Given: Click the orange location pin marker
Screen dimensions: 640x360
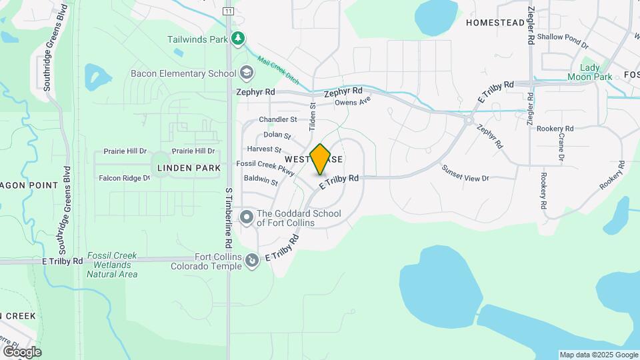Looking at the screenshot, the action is (321, 159).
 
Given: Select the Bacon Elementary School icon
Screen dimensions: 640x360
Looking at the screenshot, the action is (246, 73).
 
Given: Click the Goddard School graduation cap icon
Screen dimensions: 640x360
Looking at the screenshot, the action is (247, 217).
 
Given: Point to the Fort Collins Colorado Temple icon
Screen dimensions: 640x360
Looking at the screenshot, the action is (251, 261).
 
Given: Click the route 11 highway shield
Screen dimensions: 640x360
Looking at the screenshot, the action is (228, 11).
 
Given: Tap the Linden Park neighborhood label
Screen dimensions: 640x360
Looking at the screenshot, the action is (189, 168).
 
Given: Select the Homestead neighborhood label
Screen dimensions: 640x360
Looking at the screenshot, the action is (495, 23).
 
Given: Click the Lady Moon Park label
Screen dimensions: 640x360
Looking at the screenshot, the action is (589, 73).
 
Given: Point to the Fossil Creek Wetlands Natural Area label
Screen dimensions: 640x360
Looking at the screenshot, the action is (112, 265).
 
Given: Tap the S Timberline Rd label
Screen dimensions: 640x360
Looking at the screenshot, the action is (228, 211).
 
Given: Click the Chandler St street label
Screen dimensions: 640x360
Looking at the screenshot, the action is (278, 119).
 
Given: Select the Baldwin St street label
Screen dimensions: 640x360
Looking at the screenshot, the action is (261, 179).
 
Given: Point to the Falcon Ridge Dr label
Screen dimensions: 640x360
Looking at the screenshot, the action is (124, 178).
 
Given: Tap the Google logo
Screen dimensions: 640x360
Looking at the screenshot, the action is (22, 351).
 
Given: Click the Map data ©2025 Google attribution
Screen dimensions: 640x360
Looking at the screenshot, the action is (599, 355).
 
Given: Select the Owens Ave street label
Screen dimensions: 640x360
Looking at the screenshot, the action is (352, 102).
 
